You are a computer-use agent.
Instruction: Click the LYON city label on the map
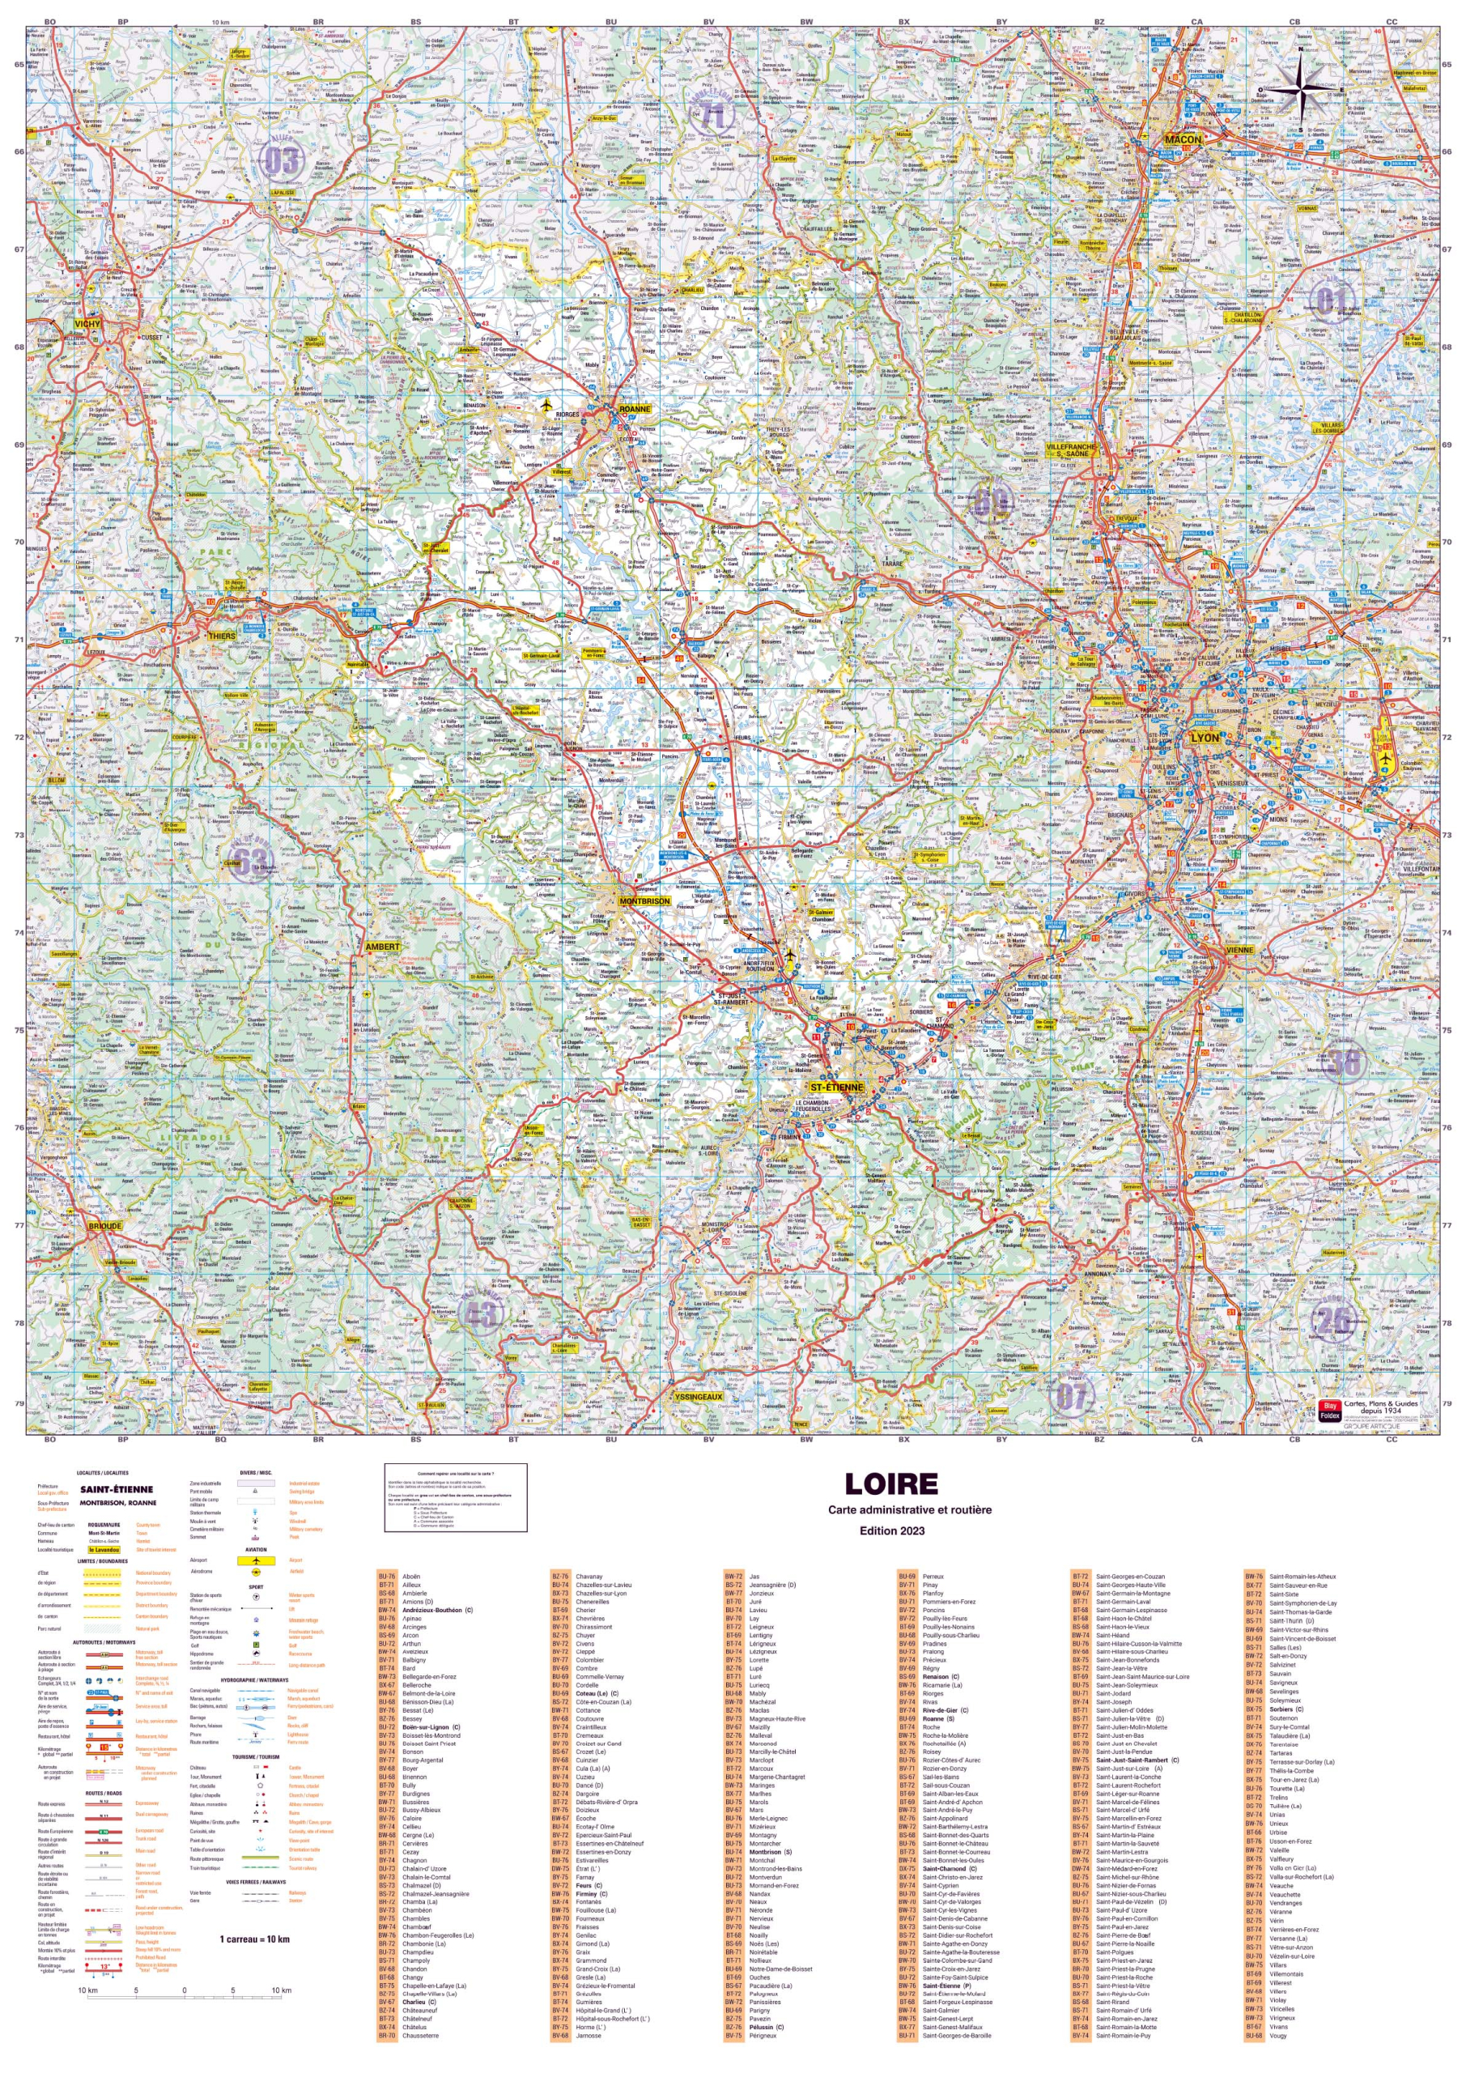[x=1205, y=738]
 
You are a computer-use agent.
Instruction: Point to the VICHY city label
[x=87, y=323]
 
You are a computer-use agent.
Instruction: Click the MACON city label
[x=1183, y=139]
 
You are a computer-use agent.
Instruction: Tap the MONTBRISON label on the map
[x=644, y=901]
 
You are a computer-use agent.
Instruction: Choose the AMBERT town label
[x=382, y=947]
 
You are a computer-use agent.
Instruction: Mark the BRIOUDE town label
[x=104, y=1226]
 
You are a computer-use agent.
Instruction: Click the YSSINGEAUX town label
[x=699, y=1396]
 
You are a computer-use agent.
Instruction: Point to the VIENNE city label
[x=1239, y=950]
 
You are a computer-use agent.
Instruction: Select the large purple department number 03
[x=281, y=160]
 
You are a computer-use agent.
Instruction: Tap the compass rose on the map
[x=1300, y=87]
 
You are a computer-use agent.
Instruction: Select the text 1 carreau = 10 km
[x=254, y=1939]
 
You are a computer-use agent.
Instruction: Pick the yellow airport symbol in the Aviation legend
[x=257, y=1560]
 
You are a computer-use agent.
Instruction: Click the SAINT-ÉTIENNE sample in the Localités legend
[x=117, y=1490]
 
